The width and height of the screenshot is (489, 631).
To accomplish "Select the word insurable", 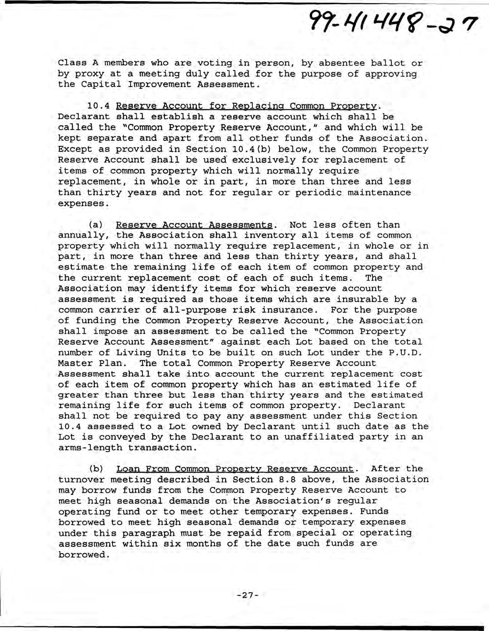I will [x=365, y=299].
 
